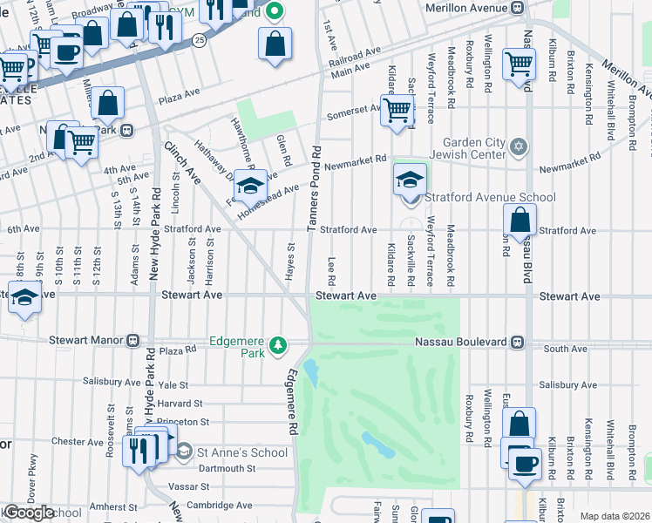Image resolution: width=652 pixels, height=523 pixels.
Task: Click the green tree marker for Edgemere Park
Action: (278, 345)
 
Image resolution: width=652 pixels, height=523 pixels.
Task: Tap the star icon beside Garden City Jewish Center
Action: (520, 145)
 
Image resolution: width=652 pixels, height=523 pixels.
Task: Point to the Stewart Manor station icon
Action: (133, 340)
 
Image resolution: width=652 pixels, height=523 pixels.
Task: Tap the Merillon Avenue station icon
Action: (518, 8)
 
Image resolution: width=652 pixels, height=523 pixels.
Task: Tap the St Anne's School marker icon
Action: (184, 452)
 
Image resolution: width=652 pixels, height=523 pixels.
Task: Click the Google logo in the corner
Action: (28, 513)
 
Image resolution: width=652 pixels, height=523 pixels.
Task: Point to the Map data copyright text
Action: (615, 516)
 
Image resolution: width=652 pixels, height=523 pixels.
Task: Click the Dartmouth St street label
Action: (226, 468)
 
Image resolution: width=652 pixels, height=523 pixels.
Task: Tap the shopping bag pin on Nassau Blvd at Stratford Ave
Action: (520, 224)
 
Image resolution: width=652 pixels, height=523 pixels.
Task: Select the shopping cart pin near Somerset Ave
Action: (397, 111)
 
